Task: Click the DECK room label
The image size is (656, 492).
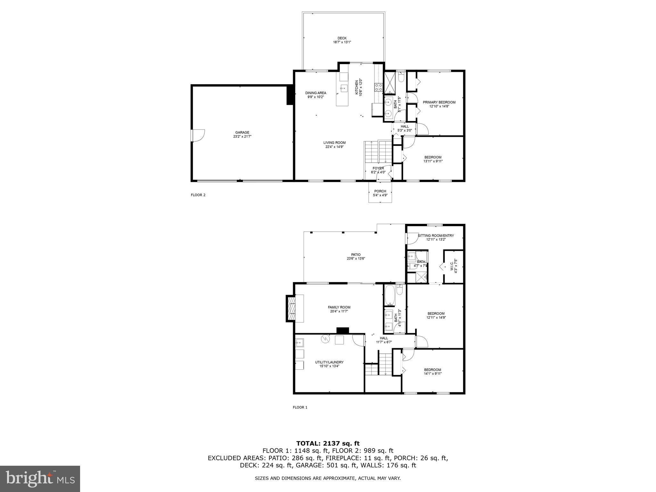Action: point(342,38)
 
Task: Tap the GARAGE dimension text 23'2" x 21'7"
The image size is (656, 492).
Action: point(242,136)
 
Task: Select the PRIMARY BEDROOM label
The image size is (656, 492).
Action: point(439,102)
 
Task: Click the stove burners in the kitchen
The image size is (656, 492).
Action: point(378,87)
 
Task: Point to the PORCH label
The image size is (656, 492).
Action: point(380,191)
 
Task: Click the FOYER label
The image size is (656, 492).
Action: point(378,168)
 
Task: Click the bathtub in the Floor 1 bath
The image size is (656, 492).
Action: point(389,295)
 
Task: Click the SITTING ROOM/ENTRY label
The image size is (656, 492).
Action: point(436,235)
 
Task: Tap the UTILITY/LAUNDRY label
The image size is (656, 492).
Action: point(329,362)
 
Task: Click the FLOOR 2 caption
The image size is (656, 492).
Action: point(198,195)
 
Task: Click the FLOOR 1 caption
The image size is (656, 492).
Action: point(300,407)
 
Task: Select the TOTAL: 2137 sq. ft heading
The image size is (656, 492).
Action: point(328,443)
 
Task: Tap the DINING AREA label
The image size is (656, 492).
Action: point(316,93)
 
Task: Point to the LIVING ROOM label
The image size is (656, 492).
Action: point(334,143)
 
